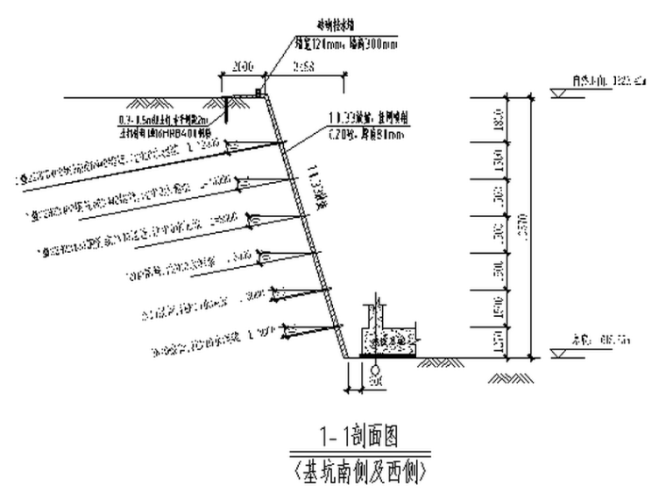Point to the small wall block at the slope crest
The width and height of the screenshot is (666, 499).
[259, 91]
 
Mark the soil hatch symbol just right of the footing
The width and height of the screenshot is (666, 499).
[433, 362]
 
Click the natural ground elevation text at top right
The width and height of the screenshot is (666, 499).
[613, 81]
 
